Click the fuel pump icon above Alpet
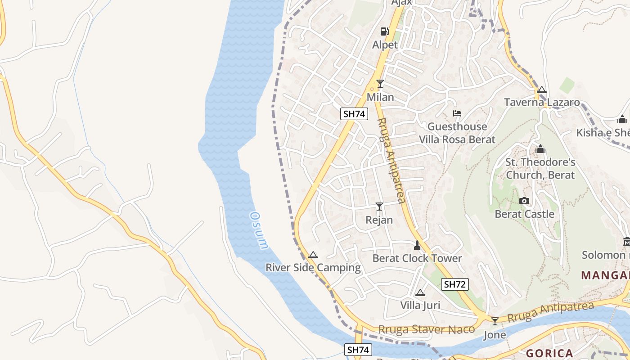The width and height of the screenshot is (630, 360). [x=385, y=31]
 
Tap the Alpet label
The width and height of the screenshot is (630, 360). [x=385, y=45]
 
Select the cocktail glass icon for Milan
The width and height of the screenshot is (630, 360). [x=380, y=84]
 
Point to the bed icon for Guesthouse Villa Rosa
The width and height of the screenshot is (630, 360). [x=457, y=113]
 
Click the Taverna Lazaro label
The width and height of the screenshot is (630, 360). [x=542, y=102]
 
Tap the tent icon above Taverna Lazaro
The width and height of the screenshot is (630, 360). [x=542, y=90]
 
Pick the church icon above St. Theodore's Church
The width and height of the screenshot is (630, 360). [x=540, y=149]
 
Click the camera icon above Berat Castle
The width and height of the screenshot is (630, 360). [x=524, y=201]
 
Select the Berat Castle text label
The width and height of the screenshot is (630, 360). [x=524, y=214]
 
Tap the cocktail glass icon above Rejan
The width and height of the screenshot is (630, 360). [x=379, y=207]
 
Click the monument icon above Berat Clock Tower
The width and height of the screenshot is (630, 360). [x=417, y=245]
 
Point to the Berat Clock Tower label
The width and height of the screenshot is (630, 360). [x=417, y=258]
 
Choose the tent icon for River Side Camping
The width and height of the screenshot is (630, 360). [x=313, y=255]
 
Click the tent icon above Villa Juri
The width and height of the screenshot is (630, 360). [x=420, y=293]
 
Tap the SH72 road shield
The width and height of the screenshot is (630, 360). [x=455, y=284]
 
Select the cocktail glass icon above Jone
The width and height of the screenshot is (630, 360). [x=495, y=321]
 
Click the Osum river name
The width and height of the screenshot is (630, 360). [x=259, y=230]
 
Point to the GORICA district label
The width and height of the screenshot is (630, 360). [x=549, y=353]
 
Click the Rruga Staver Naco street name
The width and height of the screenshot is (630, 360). [x=426, y=329]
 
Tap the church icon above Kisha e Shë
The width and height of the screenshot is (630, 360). [x=622, y=120]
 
